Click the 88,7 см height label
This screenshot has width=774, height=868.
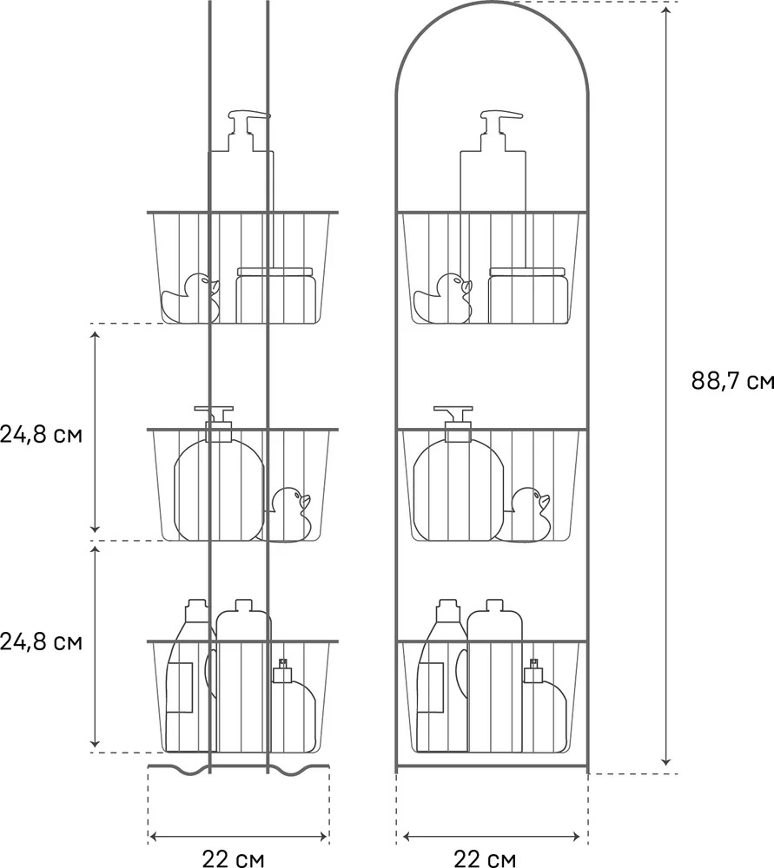[732, 381]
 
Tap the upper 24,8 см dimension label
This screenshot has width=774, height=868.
[41, 434]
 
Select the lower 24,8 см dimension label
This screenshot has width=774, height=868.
[41, 641]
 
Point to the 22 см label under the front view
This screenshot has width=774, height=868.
[485, 858]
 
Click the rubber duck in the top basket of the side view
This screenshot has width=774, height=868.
[190, 298]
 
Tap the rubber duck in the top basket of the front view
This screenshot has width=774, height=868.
[443, 298]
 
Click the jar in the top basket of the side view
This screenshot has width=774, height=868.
[276, 295]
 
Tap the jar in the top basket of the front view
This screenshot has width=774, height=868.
[528, 295]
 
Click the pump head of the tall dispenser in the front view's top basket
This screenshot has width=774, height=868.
[499, 124]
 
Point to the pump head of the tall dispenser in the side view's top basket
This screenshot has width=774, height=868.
[248, 124]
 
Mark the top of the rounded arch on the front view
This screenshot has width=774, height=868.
[492, 3]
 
